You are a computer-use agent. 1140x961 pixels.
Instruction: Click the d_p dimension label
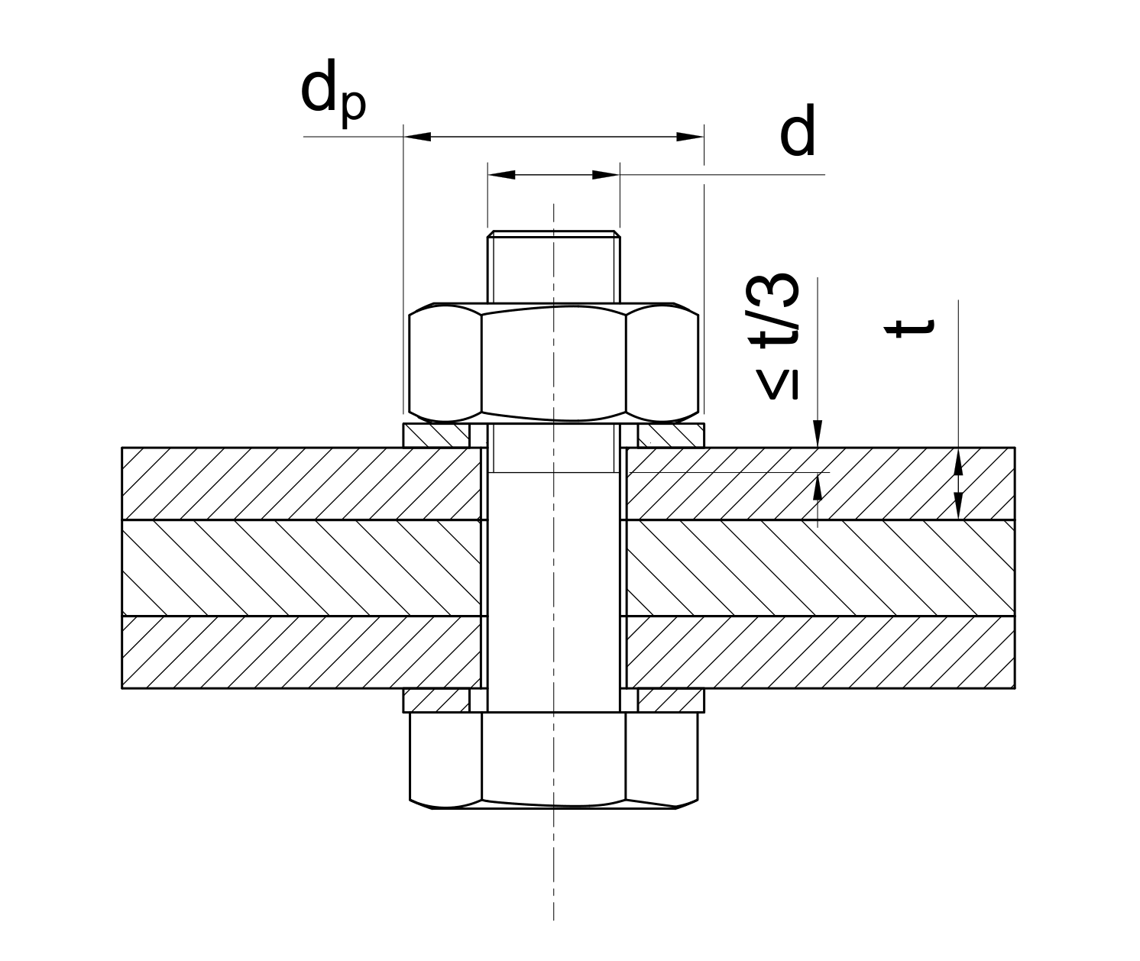(333, 93)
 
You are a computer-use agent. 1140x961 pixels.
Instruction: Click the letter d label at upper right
(798, 129)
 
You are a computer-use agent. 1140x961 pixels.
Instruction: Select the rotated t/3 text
(776, 310)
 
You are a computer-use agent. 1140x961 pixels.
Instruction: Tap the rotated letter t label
(909, 328)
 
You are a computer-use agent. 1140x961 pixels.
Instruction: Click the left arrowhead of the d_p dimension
(417, 137)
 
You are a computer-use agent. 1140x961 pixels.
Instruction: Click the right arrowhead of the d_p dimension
(690, 137)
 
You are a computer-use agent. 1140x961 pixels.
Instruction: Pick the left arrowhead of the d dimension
(502, 175)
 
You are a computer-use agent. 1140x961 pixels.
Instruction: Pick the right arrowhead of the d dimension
(606, 175)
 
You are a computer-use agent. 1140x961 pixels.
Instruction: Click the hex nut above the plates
(554, 363)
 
